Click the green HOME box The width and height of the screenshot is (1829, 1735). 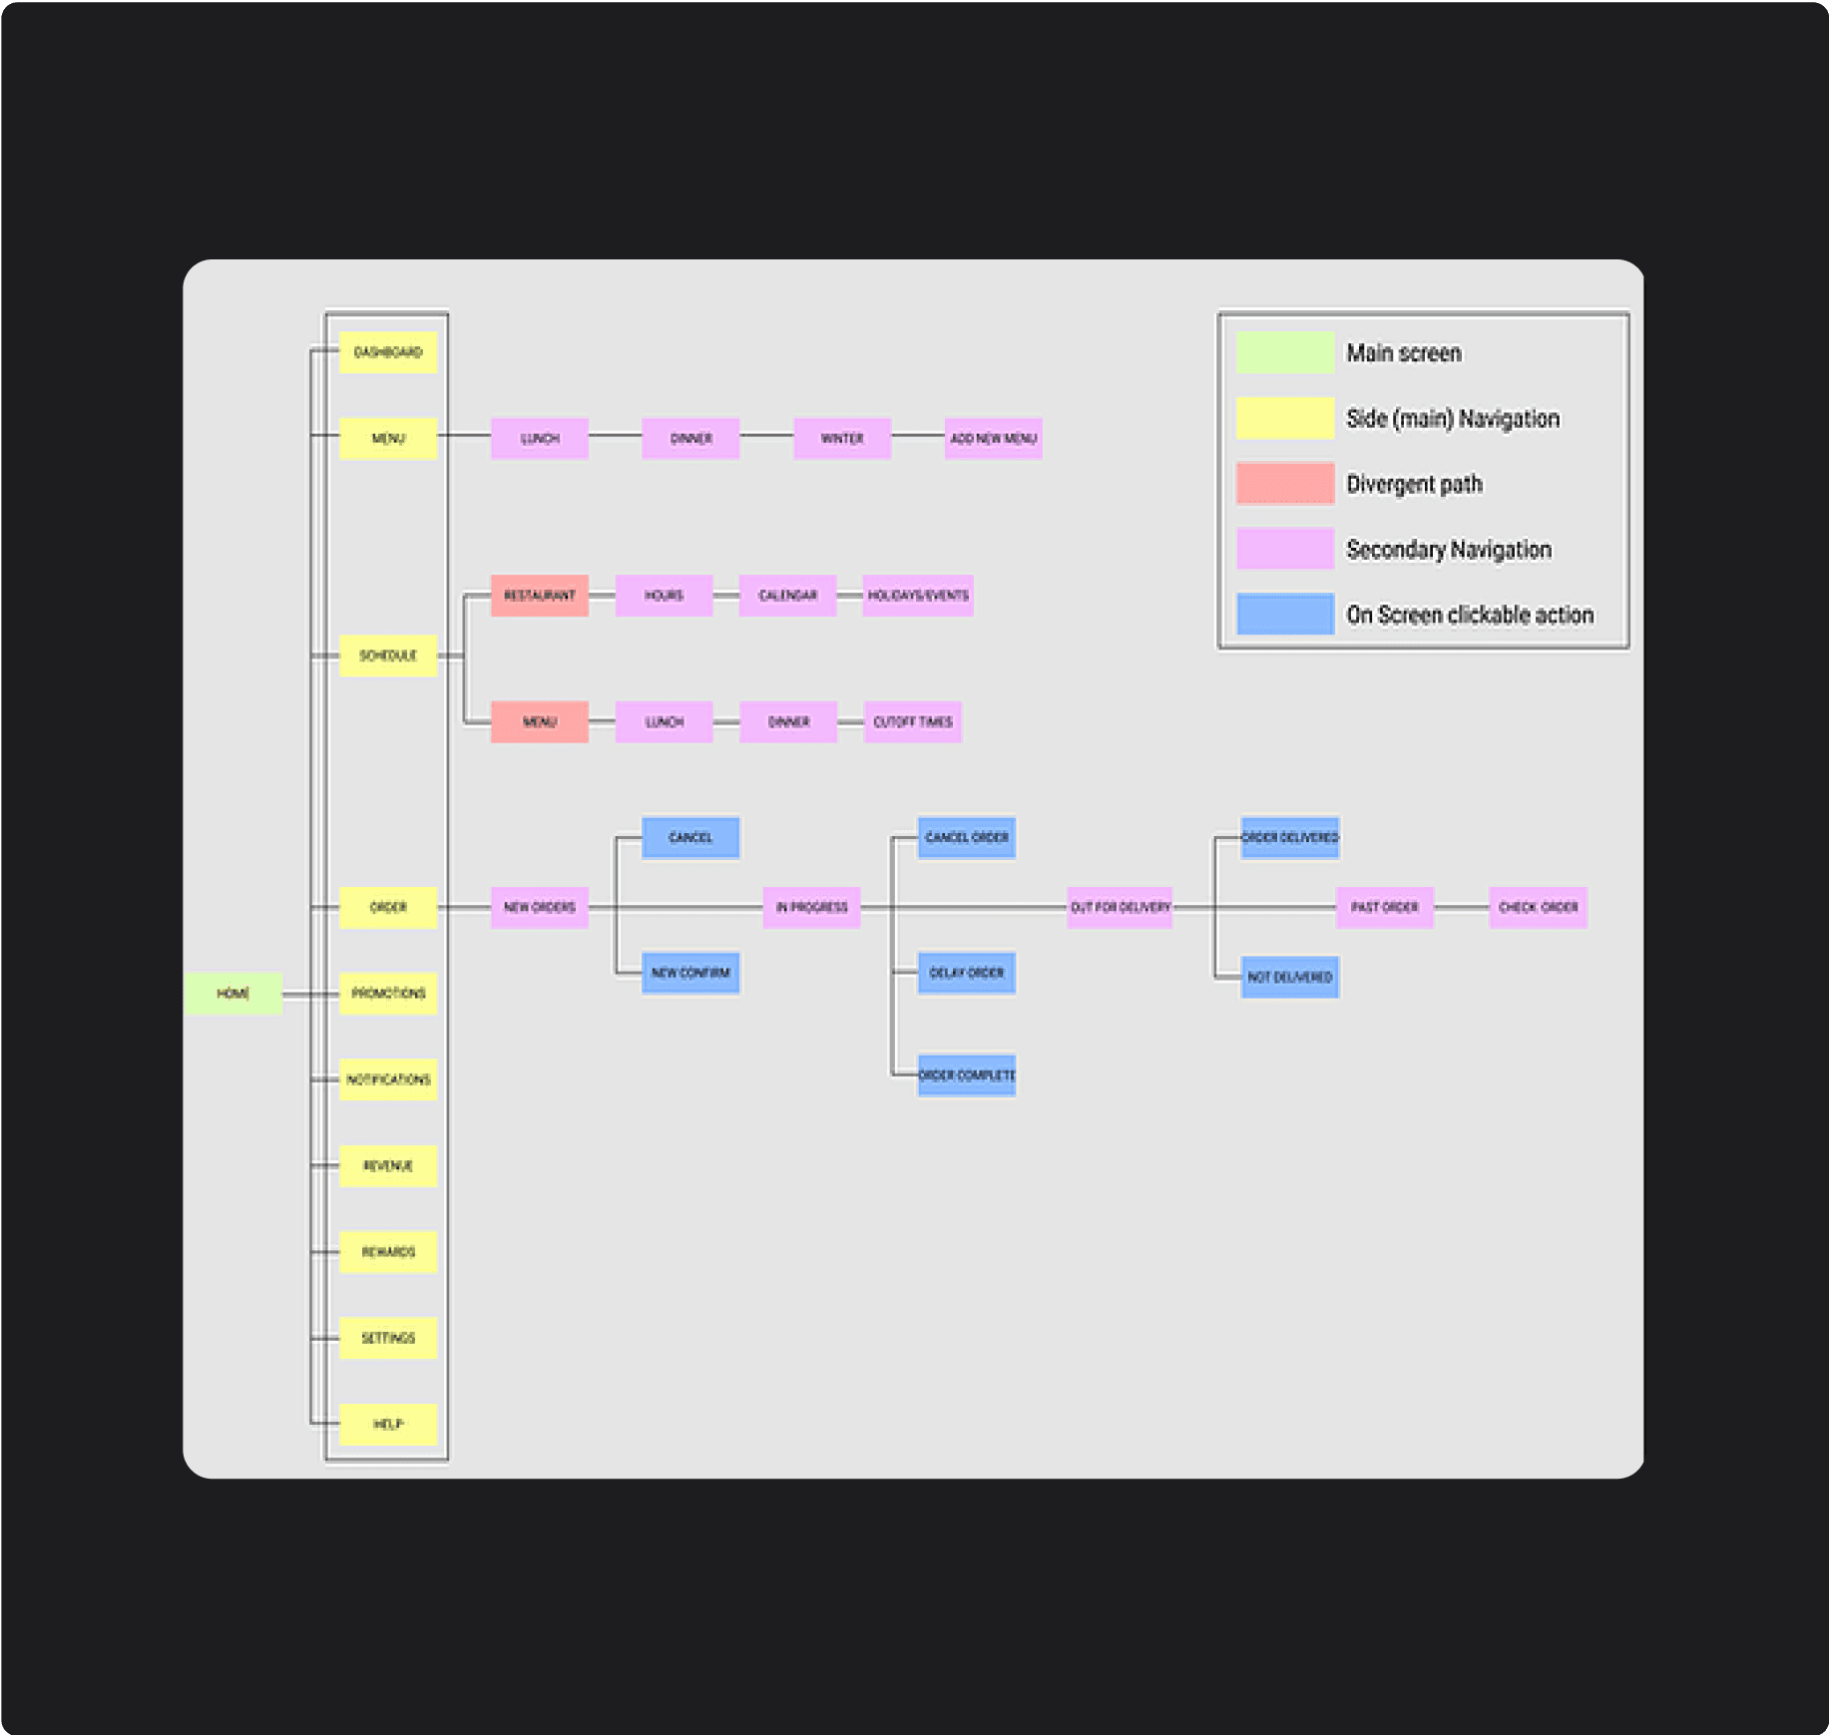coord(232,993)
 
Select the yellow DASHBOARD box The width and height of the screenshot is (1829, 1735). coord(388,352)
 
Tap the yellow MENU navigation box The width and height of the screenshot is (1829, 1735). coord(388,438)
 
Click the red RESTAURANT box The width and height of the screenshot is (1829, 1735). coord(539,596)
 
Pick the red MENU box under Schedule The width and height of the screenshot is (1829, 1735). coord(539,721)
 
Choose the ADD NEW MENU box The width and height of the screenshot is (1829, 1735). coord(993,438)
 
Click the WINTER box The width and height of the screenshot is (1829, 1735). coord(842,438)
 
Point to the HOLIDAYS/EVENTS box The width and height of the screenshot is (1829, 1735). coord(917,596)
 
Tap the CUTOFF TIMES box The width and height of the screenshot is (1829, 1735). coord(912,721)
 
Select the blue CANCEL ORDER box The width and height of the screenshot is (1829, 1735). coord(966,837)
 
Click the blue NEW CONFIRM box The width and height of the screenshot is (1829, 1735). coord(690,973)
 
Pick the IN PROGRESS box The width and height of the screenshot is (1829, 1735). coord(811,907)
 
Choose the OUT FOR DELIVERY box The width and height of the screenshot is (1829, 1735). coord(1120,907)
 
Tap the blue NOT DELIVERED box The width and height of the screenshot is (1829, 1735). coord(1289,977)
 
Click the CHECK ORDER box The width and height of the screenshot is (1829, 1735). coord(1538,907)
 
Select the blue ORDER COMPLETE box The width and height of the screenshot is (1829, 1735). coord(966,1076)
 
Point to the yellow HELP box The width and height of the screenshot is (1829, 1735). coord(388,1424)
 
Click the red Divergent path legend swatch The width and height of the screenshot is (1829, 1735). coord(1284,484)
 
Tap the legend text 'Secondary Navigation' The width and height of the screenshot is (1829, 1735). coord(1448,550)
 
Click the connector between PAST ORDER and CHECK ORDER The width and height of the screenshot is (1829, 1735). coord(1462,907)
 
